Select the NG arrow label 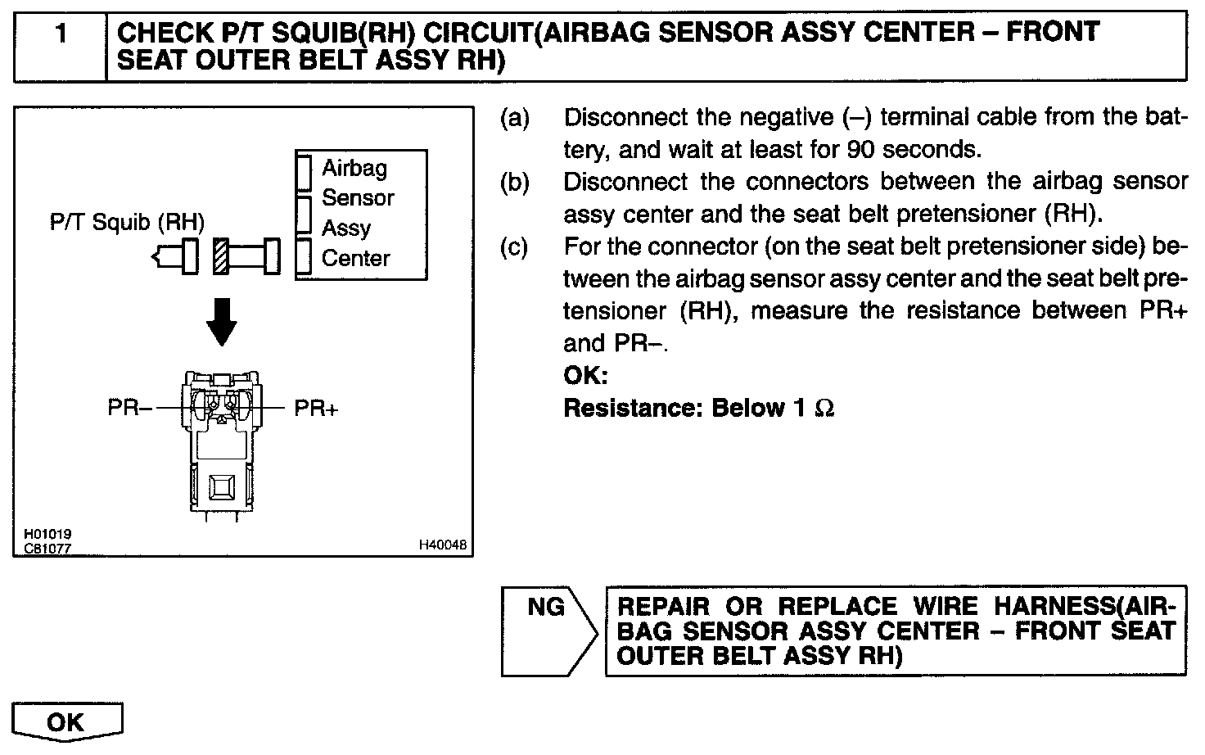click(x=546, y=607)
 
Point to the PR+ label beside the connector click(x=316, y=408)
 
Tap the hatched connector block click(x=220, y=255)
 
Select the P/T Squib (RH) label click(x=127, y=222)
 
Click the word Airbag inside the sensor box click(x=354, y=168)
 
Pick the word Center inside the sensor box click(x=355, y=258)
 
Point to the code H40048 click(x=443, y=544)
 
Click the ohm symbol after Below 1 click(x=824, y=408)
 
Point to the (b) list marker click(x=515, y=182)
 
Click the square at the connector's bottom click(x=221, y=489)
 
